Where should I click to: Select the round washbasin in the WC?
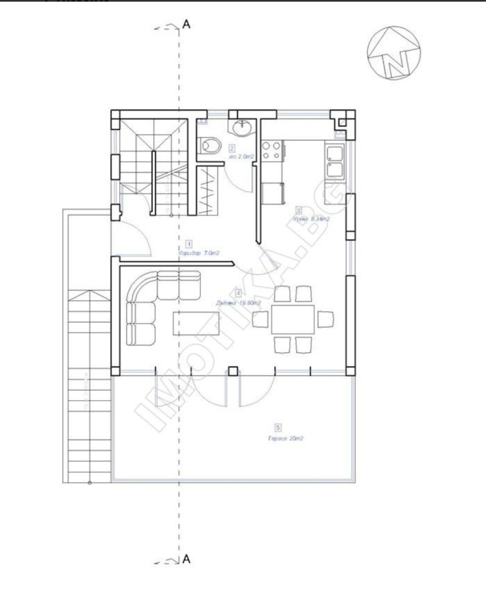pos(242,126)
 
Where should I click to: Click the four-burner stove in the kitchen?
pos(271,150)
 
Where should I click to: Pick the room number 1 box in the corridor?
pos(189,242)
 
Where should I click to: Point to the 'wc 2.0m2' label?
pos(241,157)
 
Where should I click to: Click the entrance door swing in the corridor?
pos(134,240)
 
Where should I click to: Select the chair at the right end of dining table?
pos(326,318)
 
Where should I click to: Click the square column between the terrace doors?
pos(232,370)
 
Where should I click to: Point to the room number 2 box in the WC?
pos(232,148)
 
